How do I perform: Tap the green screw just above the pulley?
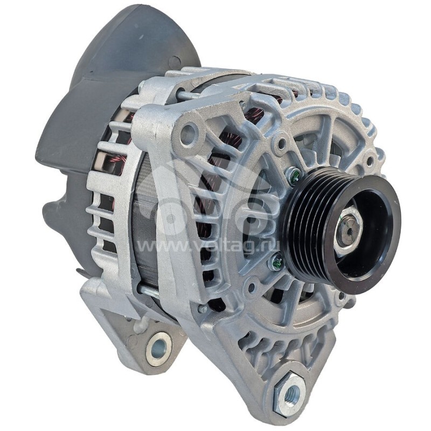point(294,175)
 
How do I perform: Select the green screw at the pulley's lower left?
point(277,262)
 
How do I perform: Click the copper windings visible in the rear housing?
point(116,162)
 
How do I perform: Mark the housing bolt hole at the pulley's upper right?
point(370,160)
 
